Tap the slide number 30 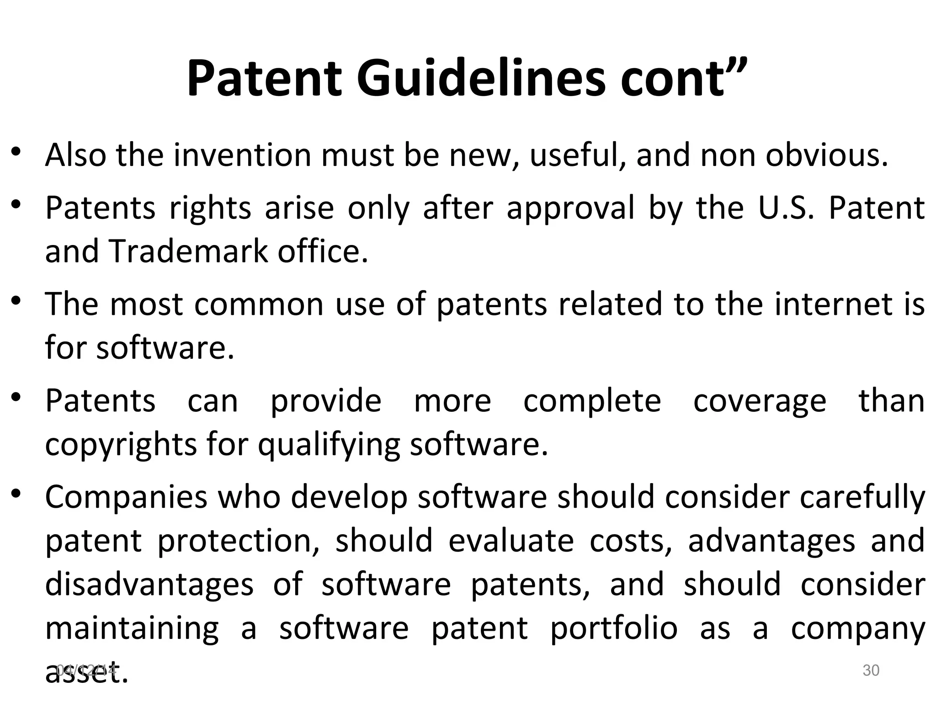coord(871,670)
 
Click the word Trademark coord(188,251)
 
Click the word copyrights coord(121,444)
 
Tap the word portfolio coord(614,628)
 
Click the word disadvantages coord(149,584)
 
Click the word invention coord(242,155)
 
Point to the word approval coord(571,208)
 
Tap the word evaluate coord(511,540)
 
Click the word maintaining coord(132,628)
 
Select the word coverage coord(760,401)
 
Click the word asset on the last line coord(86,674)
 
